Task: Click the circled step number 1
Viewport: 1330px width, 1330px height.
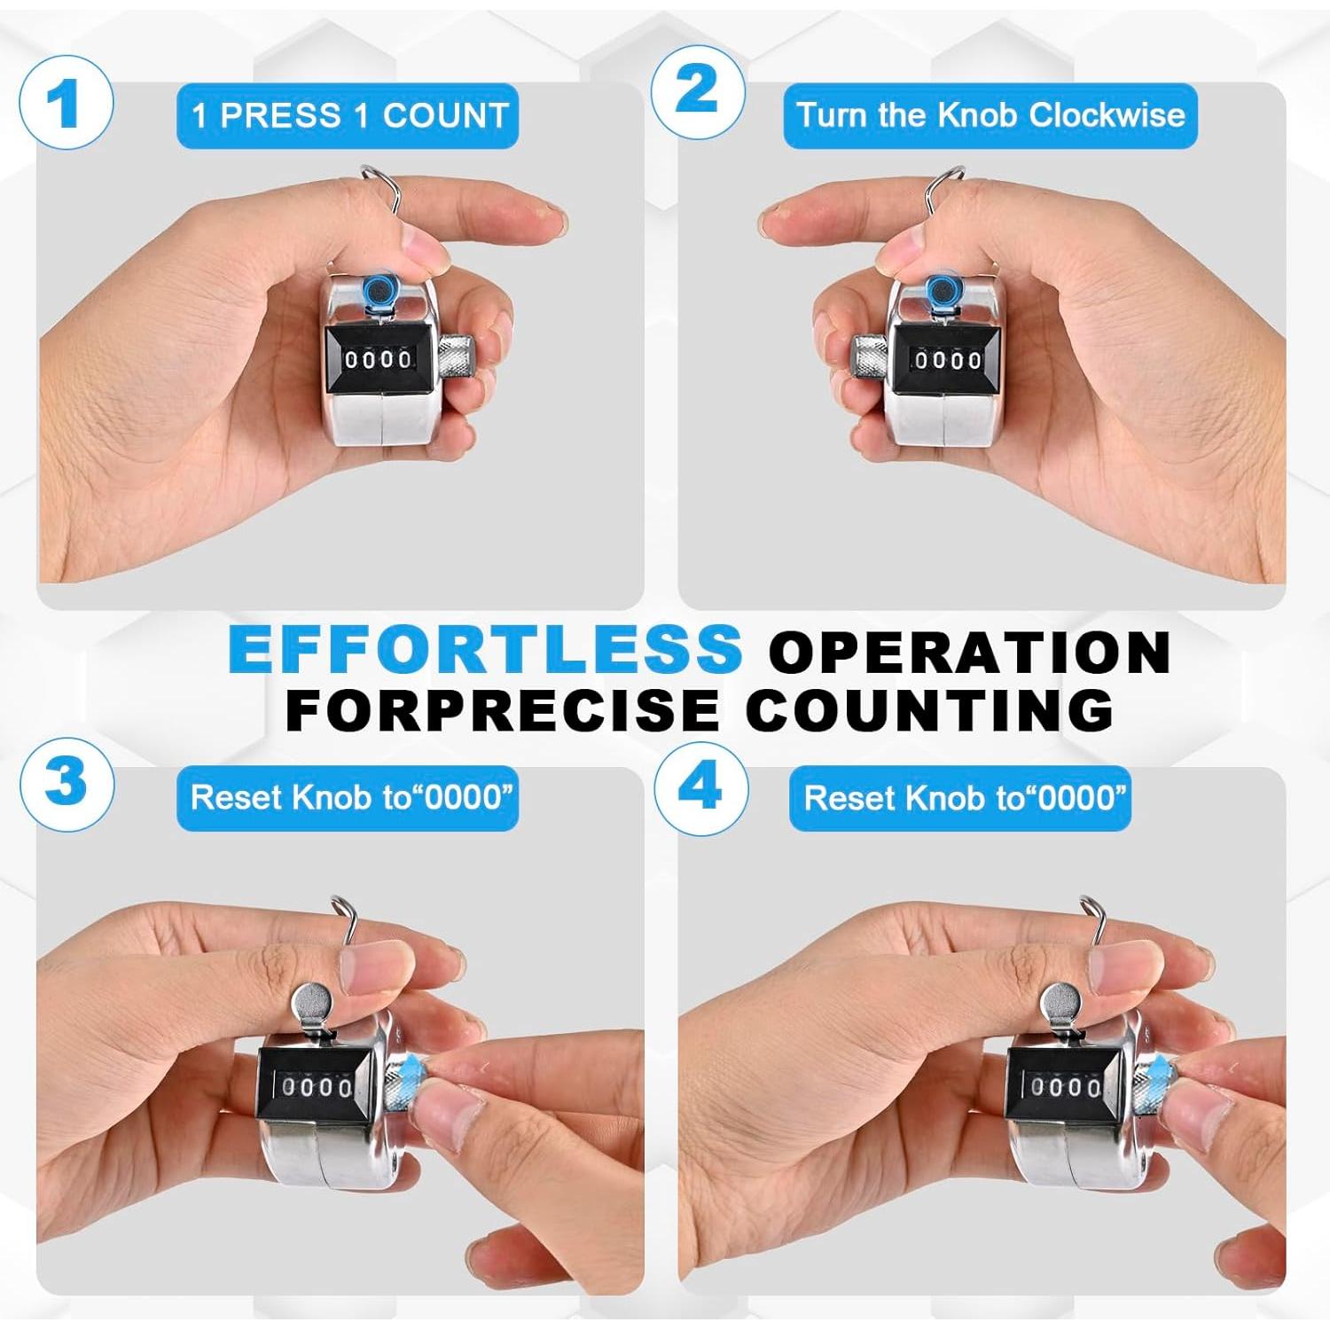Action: click(65, 102)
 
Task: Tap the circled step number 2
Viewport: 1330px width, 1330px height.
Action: click(698, 91)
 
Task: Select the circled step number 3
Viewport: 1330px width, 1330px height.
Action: click(66, 784)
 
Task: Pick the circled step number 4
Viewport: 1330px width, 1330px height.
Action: click(700, 787)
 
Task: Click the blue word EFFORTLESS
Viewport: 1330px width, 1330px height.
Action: click(485, 649)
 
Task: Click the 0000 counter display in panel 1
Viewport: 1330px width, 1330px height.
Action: click(379, 359)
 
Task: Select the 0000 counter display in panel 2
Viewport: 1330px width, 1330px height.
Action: click(948, 359)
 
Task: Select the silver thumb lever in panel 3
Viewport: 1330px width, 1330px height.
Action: click(314, 1010)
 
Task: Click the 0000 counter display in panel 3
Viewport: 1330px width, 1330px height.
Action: click(317, 1086)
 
